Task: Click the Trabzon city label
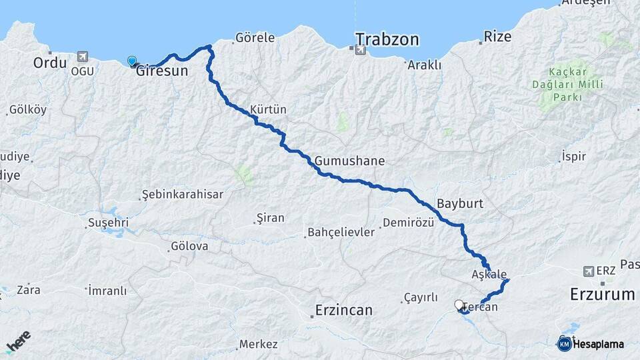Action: coord(387,39)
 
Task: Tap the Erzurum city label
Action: coord(602,294)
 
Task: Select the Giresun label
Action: coord(162,71)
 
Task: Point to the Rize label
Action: coord(497,36)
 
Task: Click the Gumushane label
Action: coord(349,161)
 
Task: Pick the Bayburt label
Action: coord(459,203)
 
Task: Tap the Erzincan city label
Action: coord(343,310)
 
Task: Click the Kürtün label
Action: coord(268,109)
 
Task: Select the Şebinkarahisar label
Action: coord(182,194)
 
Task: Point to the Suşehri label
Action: coord(108,222)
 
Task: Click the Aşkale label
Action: coord(489,274)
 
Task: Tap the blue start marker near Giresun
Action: coord(132,61)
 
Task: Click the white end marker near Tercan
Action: coord(459,305)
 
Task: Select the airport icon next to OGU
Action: coord(83,57)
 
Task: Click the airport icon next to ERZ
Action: coord(587,271)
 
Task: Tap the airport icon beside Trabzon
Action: coord(361,49)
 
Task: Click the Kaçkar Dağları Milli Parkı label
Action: coord(567,84)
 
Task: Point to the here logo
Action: coord(18,342)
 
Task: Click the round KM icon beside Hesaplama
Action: coord(564,344)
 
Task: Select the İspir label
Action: coord(573,157)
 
